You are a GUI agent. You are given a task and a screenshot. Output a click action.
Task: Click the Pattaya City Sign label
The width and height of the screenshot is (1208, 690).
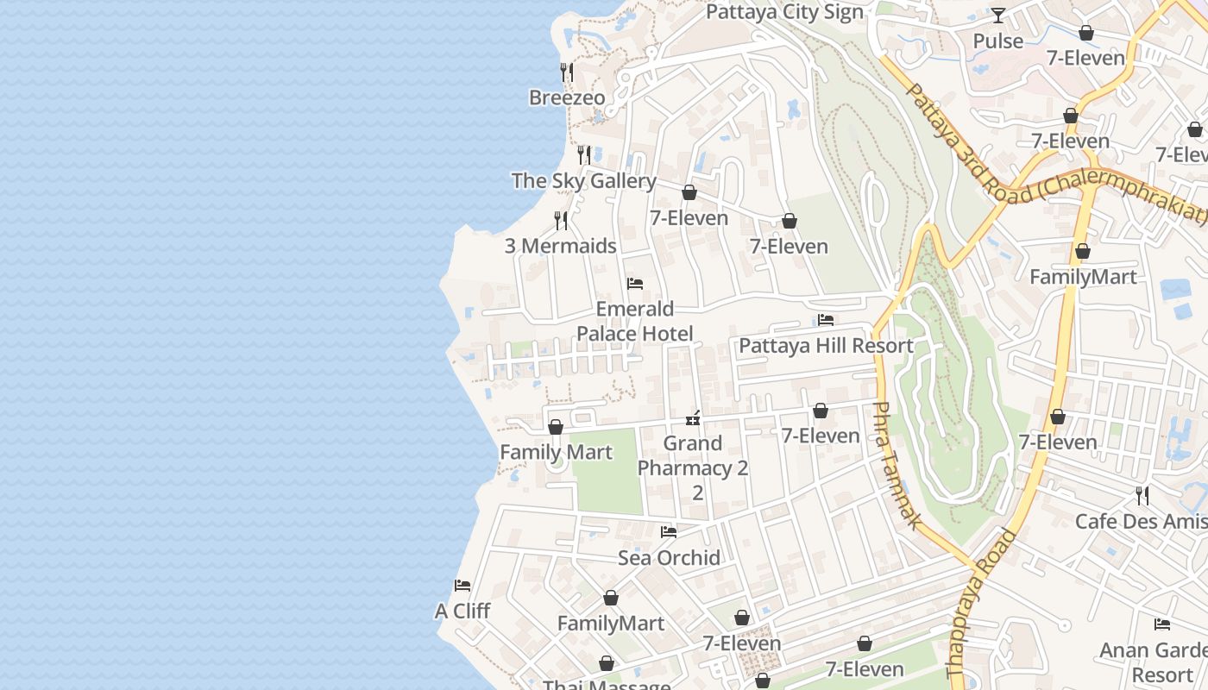point(784,12)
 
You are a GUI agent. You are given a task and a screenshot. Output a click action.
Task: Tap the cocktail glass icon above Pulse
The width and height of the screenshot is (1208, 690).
point(998,15)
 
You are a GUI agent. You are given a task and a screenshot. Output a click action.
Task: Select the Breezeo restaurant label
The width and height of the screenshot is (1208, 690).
point(567,97)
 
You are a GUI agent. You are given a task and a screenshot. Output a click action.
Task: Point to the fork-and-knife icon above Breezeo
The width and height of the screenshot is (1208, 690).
point(567,72)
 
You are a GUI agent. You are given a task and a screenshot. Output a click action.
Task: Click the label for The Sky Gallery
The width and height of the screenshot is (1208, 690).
point(583,181)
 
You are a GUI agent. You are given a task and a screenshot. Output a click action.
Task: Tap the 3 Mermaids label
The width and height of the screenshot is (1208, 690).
point(560,246)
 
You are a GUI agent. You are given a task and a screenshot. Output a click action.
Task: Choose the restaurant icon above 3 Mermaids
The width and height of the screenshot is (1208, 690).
point(561,221)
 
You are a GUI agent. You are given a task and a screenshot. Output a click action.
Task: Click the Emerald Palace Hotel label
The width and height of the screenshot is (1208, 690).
point(635,321)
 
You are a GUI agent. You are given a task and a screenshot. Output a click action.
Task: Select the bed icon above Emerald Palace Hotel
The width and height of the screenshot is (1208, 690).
point(635,284)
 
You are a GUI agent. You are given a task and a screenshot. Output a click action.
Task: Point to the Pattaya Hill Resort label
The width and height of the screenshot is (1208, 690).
point(826,346)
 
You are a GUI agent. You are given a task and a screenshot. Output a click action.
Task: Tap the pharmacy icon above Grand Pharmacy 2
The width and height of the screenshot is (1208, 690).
point(692,419)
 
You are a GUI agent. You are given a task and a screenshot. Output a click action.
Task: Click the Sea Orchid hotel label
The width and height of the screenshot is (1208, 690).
point(669,558)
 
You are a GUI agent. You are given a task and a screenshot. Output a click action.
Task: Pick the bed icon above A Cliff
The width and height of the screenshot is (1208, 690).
point(462,586)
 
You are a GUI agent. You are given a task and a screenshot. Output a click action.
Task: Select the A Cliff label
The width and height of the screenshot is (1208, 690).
point(462,612)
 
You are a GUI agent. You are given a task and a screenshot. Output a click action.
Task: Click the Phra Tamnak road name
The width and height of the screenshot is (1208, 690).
point(897,466)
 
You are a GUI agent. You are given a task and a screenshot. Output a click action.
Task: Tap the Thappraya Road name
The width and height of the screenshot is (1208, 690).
point(981,604)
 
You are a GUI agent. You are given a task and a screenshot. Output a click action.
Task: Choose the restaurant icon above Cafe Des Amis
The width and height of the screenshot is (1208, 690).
point(1142,496)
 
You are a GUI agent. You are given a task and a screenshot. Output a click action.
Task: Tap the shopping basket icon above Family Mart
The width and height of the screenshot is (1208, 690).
point(556,427)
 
